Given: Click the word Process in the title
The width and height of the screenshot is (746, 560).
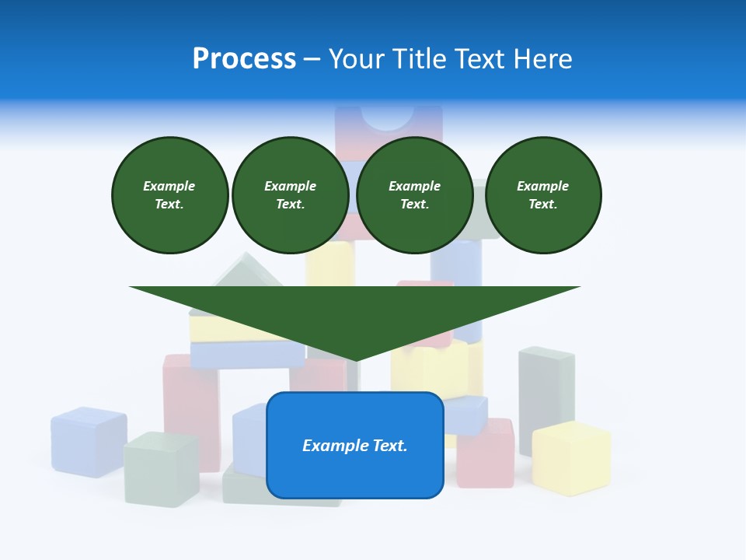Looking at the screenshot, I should pyautogui.click(x=244, y=59).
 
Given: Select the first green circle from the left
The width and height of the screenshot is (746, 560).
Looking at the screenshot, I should pyautogui.click(x=169, y=195).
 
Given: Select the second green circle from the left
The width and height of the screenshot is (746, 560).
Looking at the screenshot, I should pyautogui.click(x=290, y=195).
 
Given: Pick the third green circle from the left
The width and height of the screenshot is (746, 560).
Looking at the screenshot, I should pyautogui.click(x=414, y=195).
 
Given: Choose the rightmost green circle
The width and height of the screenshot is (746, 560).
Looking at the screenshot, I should pyautogui.click(x=542, y=195).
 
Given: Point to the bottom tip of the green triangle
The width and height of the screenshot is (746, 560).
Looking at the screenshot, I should pyautogui.click(x=355, y=359).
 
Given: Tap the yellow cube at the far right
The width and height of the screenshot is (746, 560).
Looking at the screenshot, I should pyautogui.click(x=571, y=459).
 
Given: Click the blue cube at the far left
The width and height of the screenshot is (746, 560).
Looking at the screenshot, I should pyautogui.click(x=88, y=441).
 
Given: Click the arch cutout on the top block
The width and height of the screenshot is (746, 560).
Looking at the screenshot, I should pyautogui.click(x=388, y=117).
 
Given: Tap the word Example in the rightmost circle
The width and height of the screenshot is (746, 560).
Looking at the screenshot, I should pyautogui.click(x=542, y=186).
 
